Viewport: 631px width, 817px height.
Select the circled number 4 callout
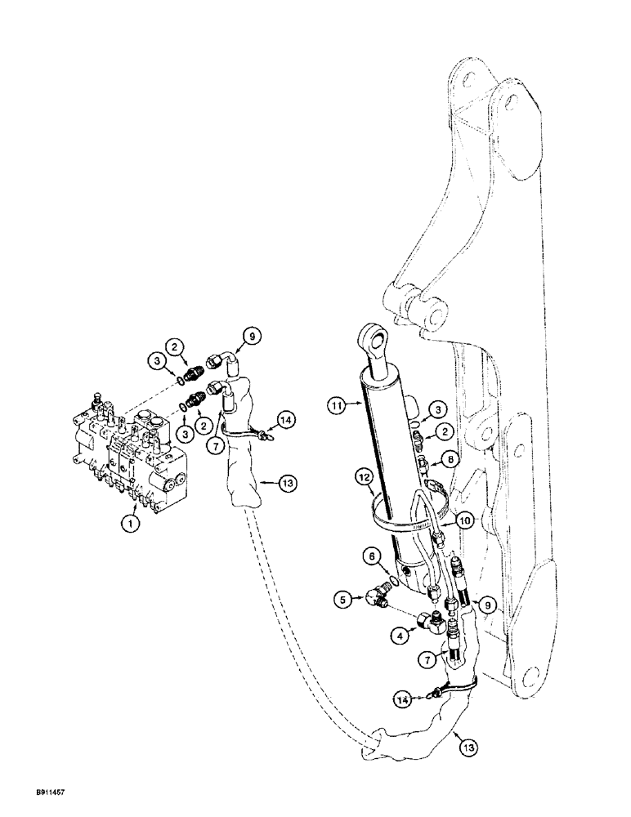[x=354, y=632]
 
